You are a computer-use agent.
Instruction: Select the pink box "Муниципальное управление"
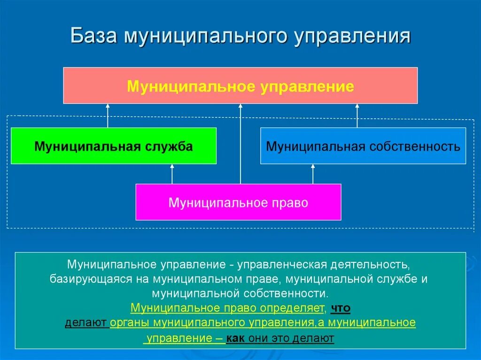point(240,85)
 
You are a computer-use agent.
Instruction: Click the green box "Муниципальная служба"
point(113,146)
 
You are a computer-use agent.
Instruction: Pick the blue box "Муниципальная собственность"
point(363,146)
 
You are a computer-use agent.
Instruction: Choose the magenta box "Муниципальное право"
point(238,202)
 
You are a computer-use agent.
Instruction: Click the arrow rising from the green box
point(108,115)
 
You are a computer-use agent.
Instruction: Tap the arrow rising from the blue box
point(357,115)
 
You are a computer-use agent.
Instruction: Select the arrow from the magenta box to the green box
point(172,174)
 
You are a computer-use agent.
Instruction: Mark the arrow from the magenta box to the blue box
point(313,174)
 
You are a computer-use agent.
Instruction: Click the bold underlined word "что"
point(341,308)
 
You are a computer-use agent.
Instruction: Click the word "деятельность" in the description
point(372,264)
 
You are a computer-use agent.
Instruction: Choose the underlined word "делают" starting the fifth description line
point(86,323)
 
